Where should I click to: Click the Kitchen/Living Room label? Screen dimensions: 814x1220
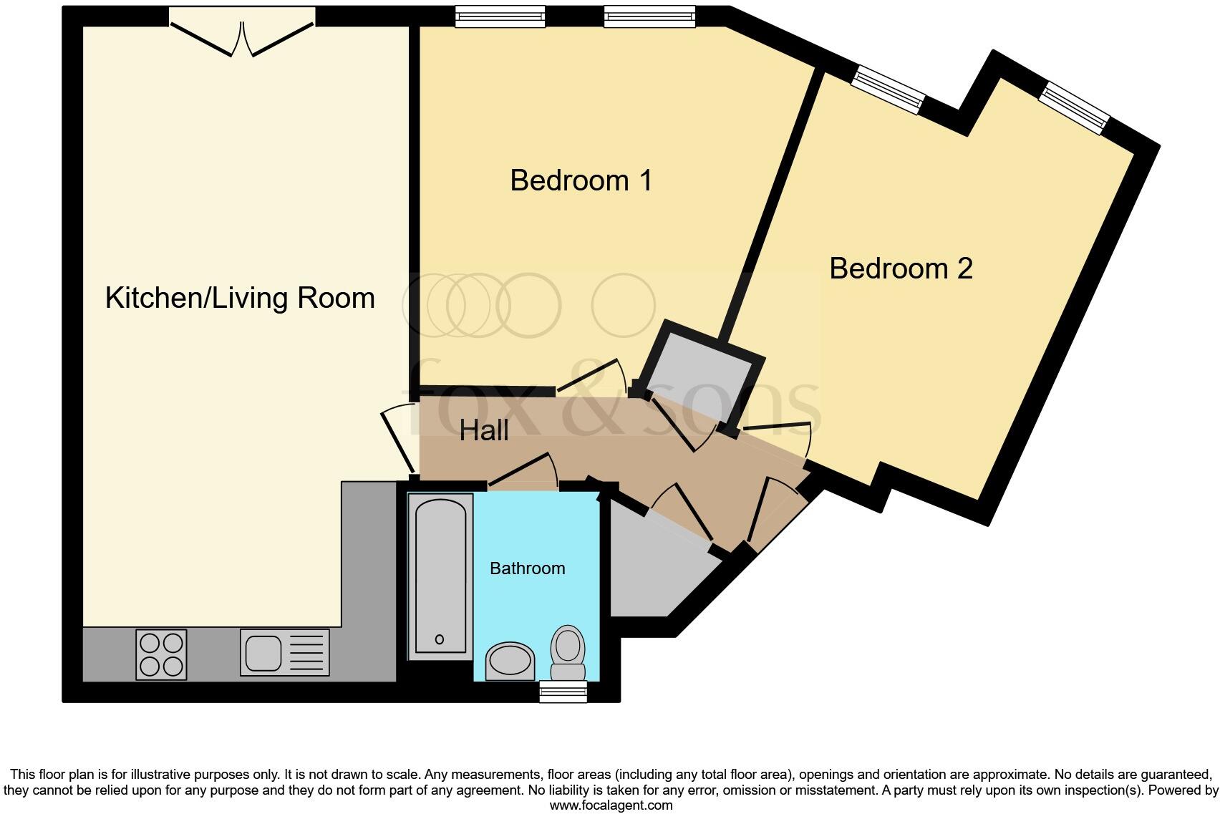[x=240, y=298]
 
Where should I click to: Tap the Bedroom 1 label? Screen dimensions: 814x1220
[x=581, y=180]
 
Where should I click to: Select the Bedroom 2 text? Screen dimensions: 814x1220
[x=901, y=268]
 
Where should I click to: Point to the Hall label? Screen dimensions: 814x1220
[x=484, y=430]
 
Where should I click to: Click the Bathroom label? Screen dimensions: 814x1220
[x=527, y=568]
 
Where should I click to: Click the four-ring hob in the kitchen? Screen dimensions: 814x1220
[x=162, y=654]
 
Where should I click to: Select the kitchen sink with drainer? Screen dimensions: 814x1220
[x=285, y=652]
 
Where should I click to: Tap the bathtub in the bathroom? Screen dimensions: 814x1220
[x=440, y=576]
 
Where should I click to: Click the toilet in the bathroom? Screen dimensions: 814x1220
[x=568, y=652]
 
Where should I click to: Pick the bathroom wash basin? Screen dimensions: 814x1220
[x=510, y=661]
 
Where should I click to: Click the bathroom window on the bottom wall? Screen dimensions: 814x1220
[x=563, y=692]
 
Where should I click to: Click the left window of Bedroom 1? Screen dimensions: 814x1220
[x=500, y=16]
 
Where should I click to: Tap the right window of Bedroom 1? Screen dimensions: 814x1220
[x=649, y=16]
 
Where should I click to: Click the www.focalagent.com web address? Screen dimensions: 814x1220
[x=611, y=805]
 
